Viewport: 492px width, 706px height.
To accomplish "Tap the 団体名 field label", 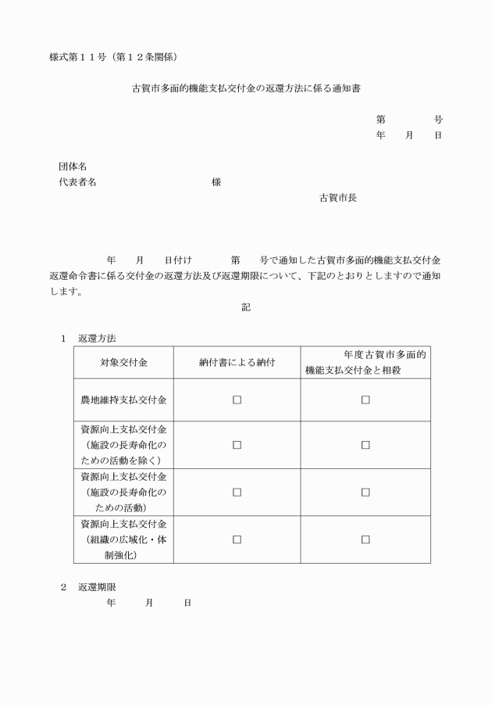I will tap(72, 167).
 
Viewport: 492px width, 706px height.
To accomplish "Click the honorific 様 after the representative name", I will tap(216, 182).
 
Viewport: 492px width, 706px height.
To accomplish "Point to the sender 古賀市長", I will tap(338, 198).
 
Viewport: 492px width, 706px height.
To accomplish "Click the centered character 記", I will tap(246, 307).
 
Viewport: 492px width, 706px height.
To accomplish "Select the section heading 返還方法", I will tap(97, 339).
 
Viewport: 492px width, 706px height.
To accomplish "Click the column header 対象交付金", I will tap(123, 362).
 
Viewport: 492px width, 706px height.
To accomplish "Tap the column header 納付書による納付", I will tap(237, 362).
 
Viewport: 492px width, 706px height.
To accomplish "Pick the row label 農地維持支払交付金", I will tap(123, 400).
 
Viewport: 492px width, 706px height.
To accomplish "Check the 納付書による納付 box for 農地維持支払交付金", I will tap(237, 400).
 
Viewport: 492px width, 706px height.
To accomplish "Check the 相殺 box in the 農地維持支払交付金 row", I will tap(365, 400).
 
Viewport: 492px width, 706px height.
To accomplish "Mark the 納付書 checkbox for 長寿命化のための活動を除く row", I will tap(237, 445).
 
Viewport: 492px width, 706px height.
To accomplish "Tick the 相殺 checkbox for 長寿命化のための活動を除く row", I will tap(365, 445).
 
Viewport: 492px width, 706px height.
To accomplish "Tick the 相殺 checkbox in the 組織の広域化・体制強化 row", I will tap(365, 539).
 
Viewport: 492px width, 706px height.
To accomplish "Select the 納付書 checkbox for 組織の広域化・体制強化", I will tap(237, 539).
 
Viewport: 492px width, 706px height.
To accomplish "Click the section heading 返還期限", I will tap(97, 586).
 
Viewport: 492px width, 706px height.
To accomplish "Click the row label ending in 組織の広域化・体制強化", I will tap(123, 539).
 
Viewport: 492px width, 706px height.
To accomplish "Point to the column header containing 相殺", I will tap(365, 362).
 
